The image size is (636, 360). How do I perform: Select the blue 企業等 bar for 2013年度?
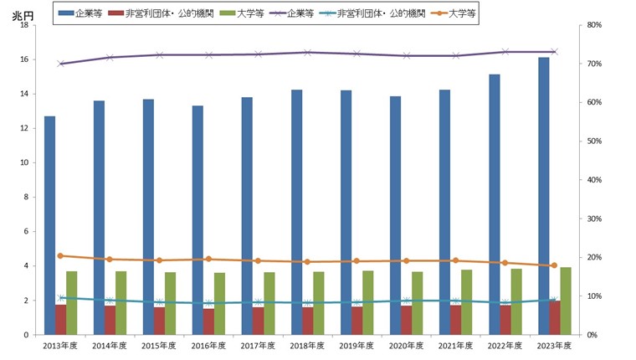50,225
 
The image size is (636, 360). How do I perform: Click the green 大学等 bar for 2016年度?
219,304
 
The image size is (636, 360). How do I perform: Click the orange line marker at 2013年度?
60,255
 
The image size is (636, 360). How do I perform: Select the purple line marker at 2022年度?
505,52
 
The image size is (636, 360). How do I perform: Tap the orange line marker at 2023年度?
554,265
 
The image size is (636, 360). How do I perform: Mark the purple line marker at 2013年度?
60,64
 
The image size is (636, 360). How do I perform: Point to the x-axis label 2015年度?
159,345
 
